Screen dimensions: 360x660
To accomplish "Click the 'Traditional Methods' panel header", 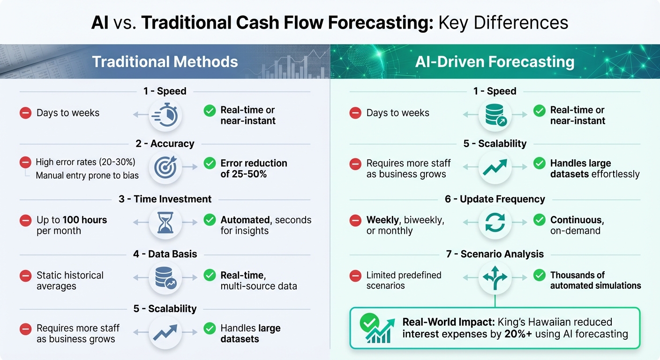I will point(165,62).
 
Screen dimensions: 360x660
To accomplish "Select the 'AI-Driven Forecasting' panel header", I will point(495,62).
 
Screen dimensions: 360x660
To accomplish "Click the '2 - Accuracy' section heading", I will point(165,143).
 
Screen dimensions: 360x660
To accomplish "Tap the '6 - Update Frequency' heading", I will point(495,199).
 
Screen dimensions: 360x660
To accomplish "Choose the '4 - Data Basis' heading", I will point(165,254).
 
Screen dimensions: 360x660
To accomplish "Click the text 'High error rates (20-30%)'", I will point(85,163).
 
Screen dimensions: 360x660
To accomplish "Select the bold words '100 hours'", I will point(85,220).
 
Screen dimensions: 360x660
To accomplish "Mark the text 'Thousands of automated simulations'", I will point(595,280).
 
